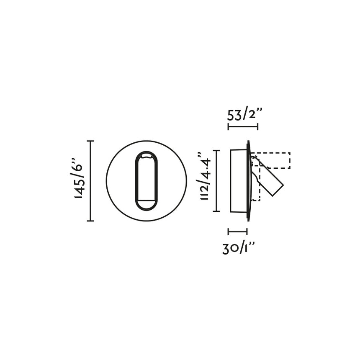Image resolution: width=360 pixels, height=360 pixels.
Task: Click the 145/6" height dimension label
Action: click(x=79, y=178)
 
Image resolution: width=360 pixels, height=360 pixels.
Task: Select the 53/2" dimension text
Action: click(x=245, y=114)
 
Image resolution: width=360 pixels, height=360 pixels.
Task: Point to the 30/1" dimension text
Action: click(x=239, y=248)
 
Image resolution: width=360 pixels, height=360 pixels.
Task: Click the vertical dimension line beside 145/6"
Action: click(x=90, y=181)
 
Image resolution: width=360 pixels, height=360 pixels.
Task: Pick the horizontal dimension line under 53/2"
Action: click(x=243, y=126)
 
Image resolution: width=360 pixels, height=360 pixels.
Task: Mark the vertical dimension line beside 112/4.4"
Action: click(x=216, y=181)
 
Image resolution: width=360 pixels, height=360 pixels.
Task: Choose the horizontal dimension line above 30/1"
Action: click(x=238, y=231)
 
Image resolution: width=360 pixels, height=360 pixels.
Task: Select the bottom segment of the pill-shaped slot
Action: click(x=147, y=204)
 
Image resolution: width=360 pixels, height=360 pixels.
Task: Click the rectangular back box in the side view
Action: click(x=239, y=181)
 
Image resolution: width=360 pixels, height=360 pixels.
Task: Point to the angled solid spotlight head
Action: click(x=268, y=178)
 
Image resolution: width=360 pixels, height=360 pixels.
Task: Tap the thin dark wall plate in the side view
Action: click(x=249, y=181)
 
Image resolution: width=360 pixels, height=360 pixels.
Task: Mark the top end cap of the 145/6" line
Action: click(x=90, y=141)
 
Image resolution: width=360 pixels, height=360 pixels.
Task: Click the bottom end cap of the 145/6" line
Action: click(x=90, y=221)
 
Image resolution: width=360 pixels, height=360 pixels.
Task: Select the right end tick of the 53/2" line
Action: click(x=257, y=126)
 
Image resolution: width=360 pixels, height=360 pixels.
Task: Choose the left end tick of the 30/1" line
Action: click(x=229, y=231)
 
